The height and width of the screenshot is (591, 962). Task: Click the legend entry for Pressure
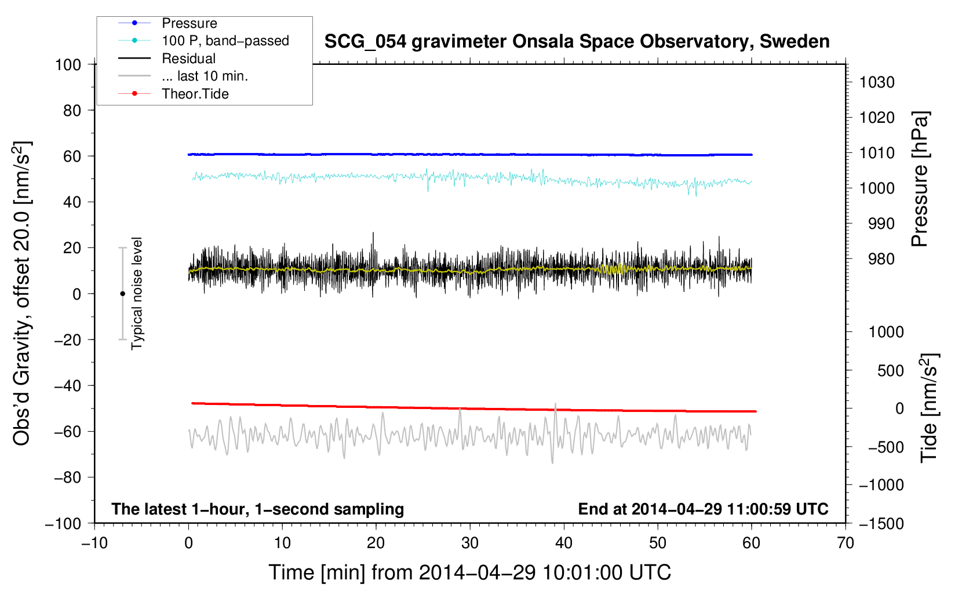pos(167,23)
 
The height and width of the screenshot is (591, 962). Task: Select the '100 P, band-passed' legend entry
pos(203,41)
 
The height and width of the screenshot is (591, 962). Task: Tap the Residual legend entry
pos(167,59)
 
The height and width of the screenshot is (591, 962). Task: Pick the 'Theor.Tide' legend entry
pos(173,94)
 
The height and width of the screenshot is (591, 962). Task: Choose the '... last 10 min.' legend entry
pos(183,76)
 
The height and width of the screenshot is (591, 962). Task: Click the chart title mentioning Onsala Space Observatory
pos(577,41)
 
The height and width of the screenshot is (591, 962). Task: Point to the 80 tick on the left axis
pos(72,111)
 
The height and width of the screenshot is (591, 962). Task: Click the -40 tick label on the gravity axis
pos(67,386)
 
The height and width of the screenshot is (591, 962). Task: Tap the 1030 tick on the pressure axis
pos(877,82)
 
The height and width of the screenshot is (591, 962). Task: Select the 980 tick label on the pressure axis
pos(881,259)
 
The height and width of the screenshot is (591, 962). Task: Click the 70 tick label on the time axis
pos(845,543)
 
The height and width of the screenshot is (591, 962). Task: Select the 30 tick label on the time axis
pos(470,543)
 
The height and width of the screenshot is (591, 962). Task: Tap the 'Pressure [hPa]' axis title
pos(920,179)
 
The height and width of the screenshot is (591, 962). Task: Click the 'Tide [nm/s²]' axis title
pos(930,408)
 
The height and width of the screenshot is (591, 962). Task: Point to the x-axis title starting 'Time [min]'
pos(469,572)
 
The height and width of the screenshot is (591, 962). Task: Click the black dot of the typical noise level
pos(122,294)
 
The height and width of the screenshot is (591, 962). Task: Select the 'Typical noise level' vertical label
pos(137,294)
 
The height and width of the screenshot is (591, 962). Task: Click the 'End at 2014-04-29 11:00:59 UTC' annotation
pos(703,509)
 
